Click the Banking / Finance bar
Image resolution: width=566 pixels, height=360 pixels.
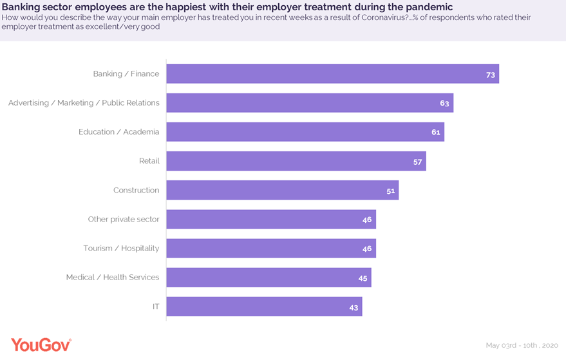click(332, 74)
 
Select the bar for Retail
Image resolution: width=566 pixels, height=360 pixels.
click(296, 161)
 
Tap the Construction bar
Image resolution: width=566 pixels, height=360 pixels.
click(282, 190)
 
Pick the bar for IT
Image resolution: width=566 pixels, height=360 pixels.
click(264, 307)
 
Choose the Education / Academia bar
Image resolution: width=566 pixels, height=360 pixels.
click(305, 132)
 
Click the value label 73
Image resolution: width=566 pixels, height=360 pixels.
click(490, 75)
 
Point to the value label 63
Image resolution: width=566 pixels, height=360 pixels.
click(444, 103)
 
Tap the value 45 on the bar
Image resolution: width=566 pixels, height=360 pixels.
click(363, 278)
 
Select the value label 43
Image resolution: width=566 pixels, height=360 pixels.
click(354, 307)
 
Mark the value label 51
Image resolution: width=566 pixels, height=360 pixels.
click(390, 191)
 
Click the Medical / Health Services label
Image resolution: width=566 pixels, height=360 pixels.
click(112, 278)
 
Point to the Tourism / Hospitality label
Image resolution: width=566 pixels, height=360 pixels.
click(121, 249)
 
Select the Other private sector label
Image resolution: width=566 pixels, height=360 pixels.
click(123, 220)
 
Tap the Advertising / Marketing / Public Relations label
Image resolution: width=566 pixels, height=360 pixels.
click(84, 103)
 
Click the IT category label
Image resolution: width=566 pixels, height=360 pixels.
click(155, 307)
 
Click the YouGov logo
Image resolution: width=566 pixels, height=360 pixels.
click(41, 345)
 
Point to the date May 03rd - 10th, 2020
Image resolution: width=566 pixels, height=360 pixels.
click(522, 346)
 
